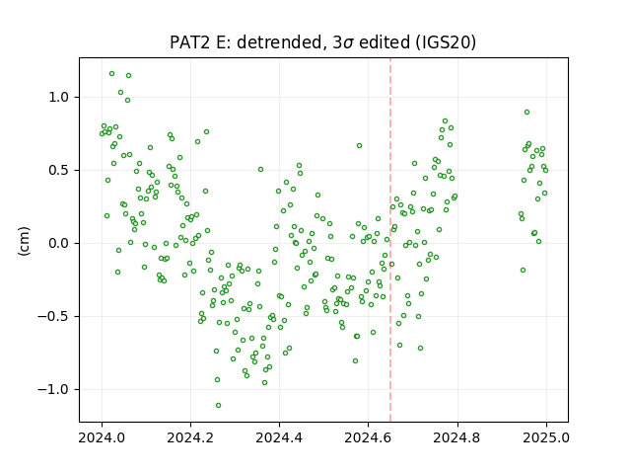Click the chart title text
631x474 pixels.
[322, 42]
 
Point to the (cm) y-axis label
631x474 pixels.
[24, 241]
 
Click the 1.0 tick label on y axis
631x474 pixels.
[59, 98]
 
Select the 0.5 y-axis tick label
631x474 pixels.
[59, 171]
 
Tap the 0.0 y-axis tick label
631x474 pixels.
[59, 244]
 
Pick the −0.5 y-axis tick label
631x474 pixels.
[54, 316]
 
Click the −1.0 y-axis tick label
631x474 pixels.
[54, 390]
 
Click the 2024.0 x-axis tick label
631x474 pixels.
[102, 437]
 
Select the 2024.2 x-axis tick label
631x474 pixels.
[190, 437]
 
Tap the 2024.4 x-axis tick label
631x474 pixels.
[279, 437]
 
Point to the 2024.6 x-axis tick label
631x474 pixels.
[368, 437]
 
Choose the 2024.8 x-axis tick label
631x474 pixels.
[456, 437]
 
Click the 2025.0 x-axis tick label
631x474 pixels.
[546, 437]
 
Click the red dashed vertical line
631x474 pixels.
[390, 240]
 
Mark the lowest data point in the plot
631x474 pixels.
[218, 405]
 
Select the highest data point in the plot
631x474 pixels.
[111, 74]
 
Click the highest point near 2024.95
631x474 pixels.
[526, 112]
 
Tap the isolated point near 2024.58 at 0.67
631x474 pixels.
[359, 145]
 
